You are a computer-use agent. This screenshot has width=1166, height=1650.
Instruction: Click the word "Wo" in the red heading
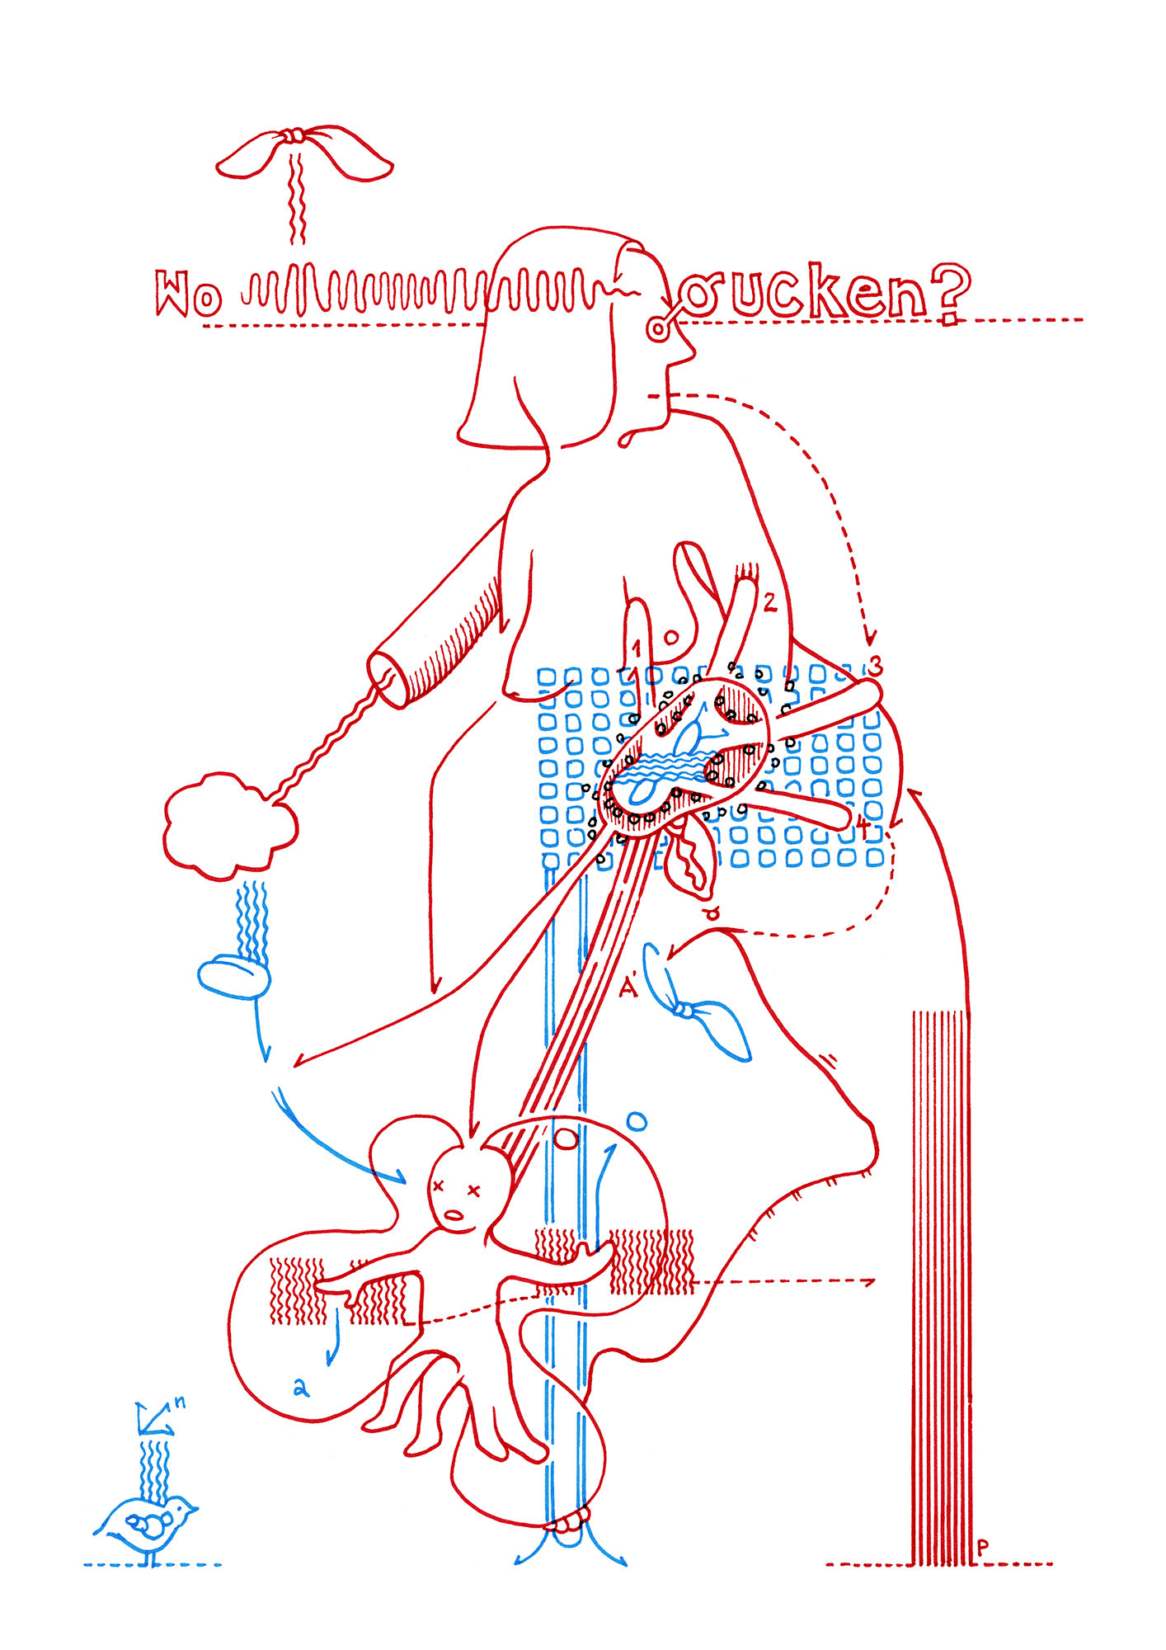pos(188,294)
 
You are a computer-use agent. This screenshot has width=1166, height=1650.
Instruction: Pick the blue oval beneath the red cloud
pos(233,978)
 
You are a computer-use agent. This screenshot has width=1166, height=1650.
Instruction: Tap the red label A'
pos(629,986)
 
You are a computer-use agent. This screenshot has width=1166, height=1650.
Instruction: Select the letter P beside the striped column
pos(982,1548)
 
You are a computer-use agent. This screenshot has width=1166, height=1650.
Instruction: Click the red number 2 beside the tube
pos(769,603)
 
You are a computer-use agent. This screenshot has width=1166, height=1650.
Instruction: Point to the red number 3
pos(875,665)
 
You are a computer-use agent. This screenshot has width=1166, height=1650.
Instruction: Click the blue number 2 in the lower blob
pos(301,1388)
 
